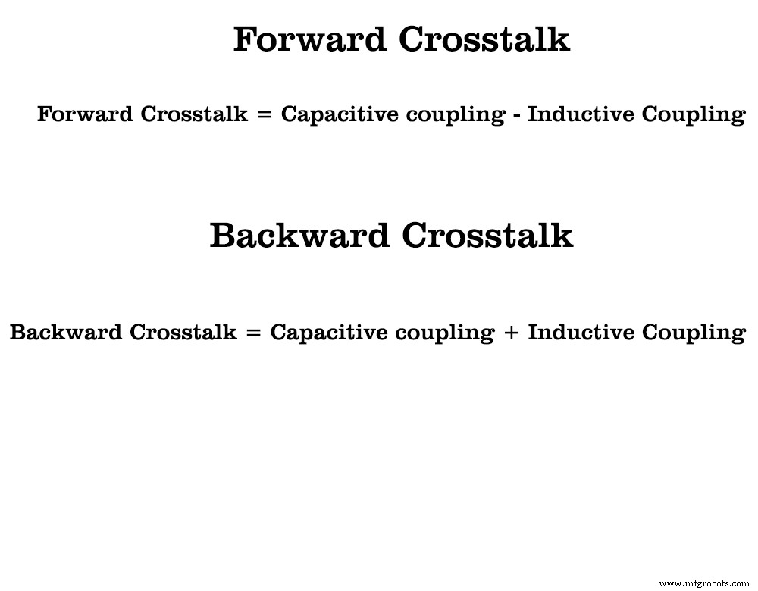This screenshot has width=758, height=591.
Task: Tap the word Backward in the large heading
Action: click(300, 236)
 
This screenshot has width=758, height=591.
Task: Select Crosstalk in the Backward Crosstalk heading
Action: click(487, 236)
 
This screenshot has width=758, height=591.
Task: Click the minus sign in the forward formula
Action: click(515, 115)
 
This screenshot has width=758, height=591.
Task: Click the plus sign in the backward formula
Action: click(510, 333)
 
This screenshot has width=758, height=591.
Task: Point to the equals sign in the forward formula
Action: click(264, 115)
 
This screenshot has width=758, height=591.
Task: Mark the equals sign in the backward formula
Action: click(253, 333)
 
